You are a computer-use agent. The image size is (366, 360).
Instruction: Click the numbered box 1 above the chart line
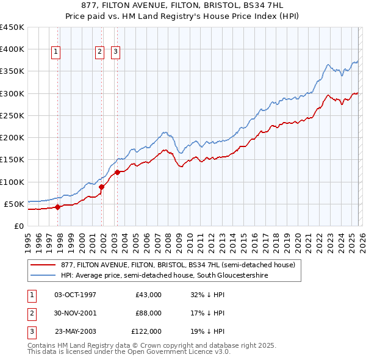(x=56, y=52)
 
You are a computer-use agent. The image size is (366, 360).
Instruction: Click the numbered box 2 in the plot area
(x=99, y=52)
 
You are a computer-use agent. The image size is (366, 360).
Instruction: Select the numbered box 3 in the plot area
(x=115, y=52)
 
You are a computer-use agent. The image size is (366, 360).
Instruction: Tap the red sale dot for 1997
(x=57, y=207)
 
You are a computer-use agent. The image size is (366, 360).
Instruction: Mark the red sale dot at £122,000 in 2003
(x=117, y=172)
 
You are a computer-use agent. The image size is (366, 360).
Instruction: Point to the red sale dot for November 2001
(x=102, y=187)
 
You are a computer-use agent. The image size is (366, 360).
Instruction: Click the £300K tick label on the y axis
(x=12, y=93)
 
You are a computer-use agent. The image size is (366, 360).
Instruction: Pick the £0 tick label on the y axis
(x=18, y=226)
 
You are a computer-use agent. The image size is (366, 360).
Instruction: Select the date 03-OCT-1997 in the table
(x=76, y=295)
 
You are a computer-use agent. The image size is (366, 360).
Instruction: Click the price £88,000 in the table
(x=148, y=313)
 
